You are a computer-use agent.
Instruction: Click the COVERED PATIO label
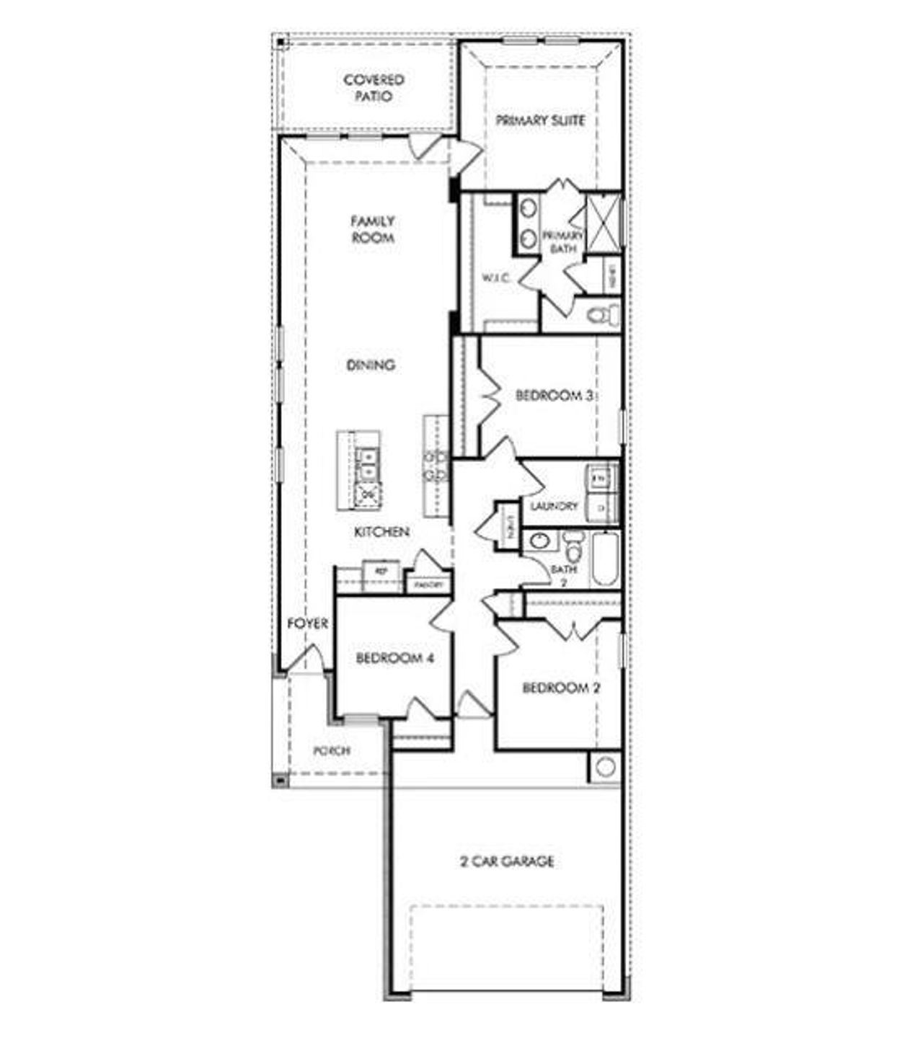click(374, 87)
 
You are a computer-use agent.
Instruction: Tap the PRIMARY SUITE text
click(540, 120)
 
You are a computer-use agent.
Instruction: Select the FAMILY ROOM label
click(372, 229)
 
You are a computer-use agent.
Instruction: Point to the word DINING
click(371, 365)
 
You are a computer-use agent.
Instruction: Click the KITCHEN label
click(382, 532)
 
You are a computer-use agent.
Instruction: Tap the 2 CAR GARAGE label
click(507, 861)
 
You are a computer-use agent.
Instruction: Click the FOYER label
click(308, 623)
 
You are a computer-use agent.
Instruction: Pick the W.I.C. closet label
click(496, 278)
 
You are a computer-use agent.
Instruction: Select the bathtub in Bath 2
click(605, 561)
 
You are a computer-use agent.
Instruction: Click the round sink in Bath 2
click(538, 541)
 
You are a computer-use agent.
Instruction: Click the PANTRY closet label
click(428, 586)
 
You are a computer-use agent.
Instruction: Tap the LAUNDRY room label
click(554, 506)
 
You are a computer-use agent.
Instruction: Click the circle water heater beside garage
click(605, 767)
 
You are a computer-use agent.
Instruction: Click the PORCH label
click(332, 750)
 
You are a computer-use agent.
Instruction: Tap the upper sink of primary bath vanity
click(529, 209)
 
